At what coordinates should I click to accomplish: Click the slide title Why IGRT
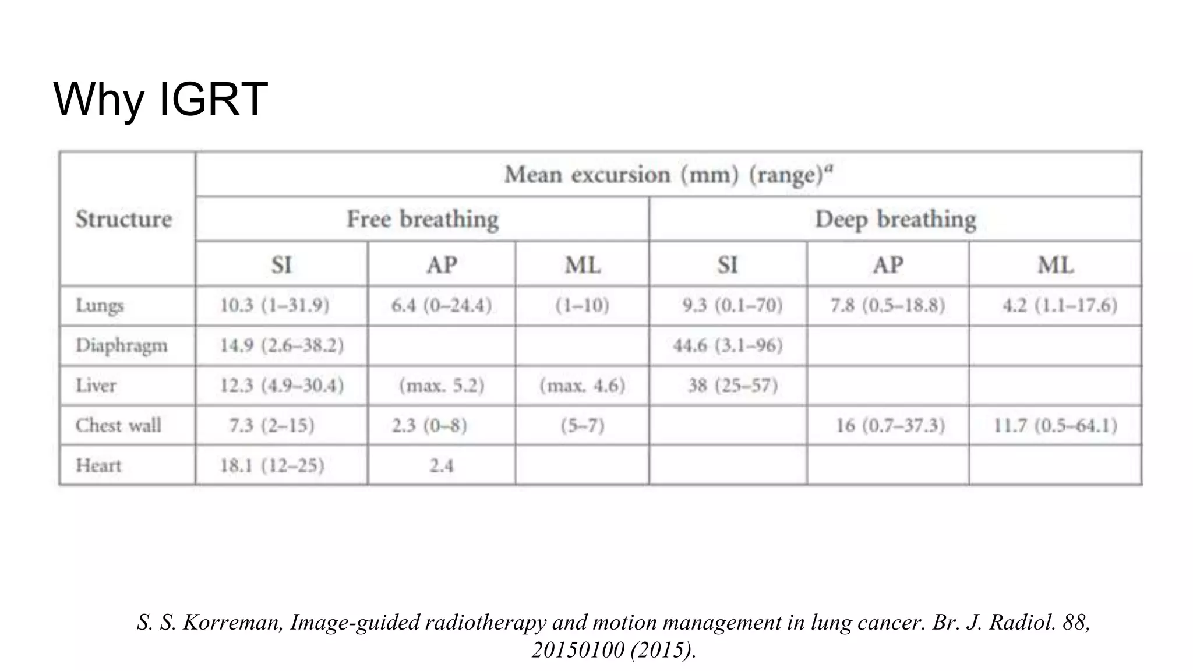[x=160, y=99]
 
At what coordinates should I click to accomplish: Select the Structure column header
[x=124, y=219]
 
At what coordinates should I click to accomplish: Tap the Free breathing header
[x=422, y=219]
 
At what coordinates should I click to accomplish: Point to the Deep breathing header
[x=895, y=219]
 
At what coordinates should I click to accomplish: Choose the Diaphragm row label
[x=121, y=345]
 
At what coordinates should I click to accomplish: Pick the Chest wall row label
[x=118, y=425]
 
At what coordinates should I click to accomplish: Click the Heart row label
[x=98, y=465]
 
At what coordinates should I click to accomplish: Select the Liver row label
[x=96, y=385]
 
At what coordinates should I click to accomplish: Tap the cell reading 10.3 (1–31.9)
[x=274, y=305]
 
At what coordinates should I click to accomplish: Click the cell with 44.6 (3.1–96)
[x=728, y=345]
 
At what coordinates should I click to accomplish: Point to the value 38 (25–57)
[x=733, y=385]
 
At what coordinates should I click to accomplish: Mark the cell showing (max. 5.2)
[x=442, y=385]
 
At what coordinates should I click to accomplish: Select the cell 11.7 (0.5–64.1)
[x=1055, y=425]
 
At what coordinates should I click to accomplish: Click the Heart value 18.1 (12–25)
[x=271, y=465]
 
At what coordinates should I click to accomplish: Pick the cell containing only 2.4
[x=442, y=465]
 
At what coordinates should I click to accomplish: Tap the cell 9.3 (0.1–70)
[x=732, y=305]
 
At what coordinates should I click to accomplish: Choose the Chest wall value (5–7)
[x=583, y=425]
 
